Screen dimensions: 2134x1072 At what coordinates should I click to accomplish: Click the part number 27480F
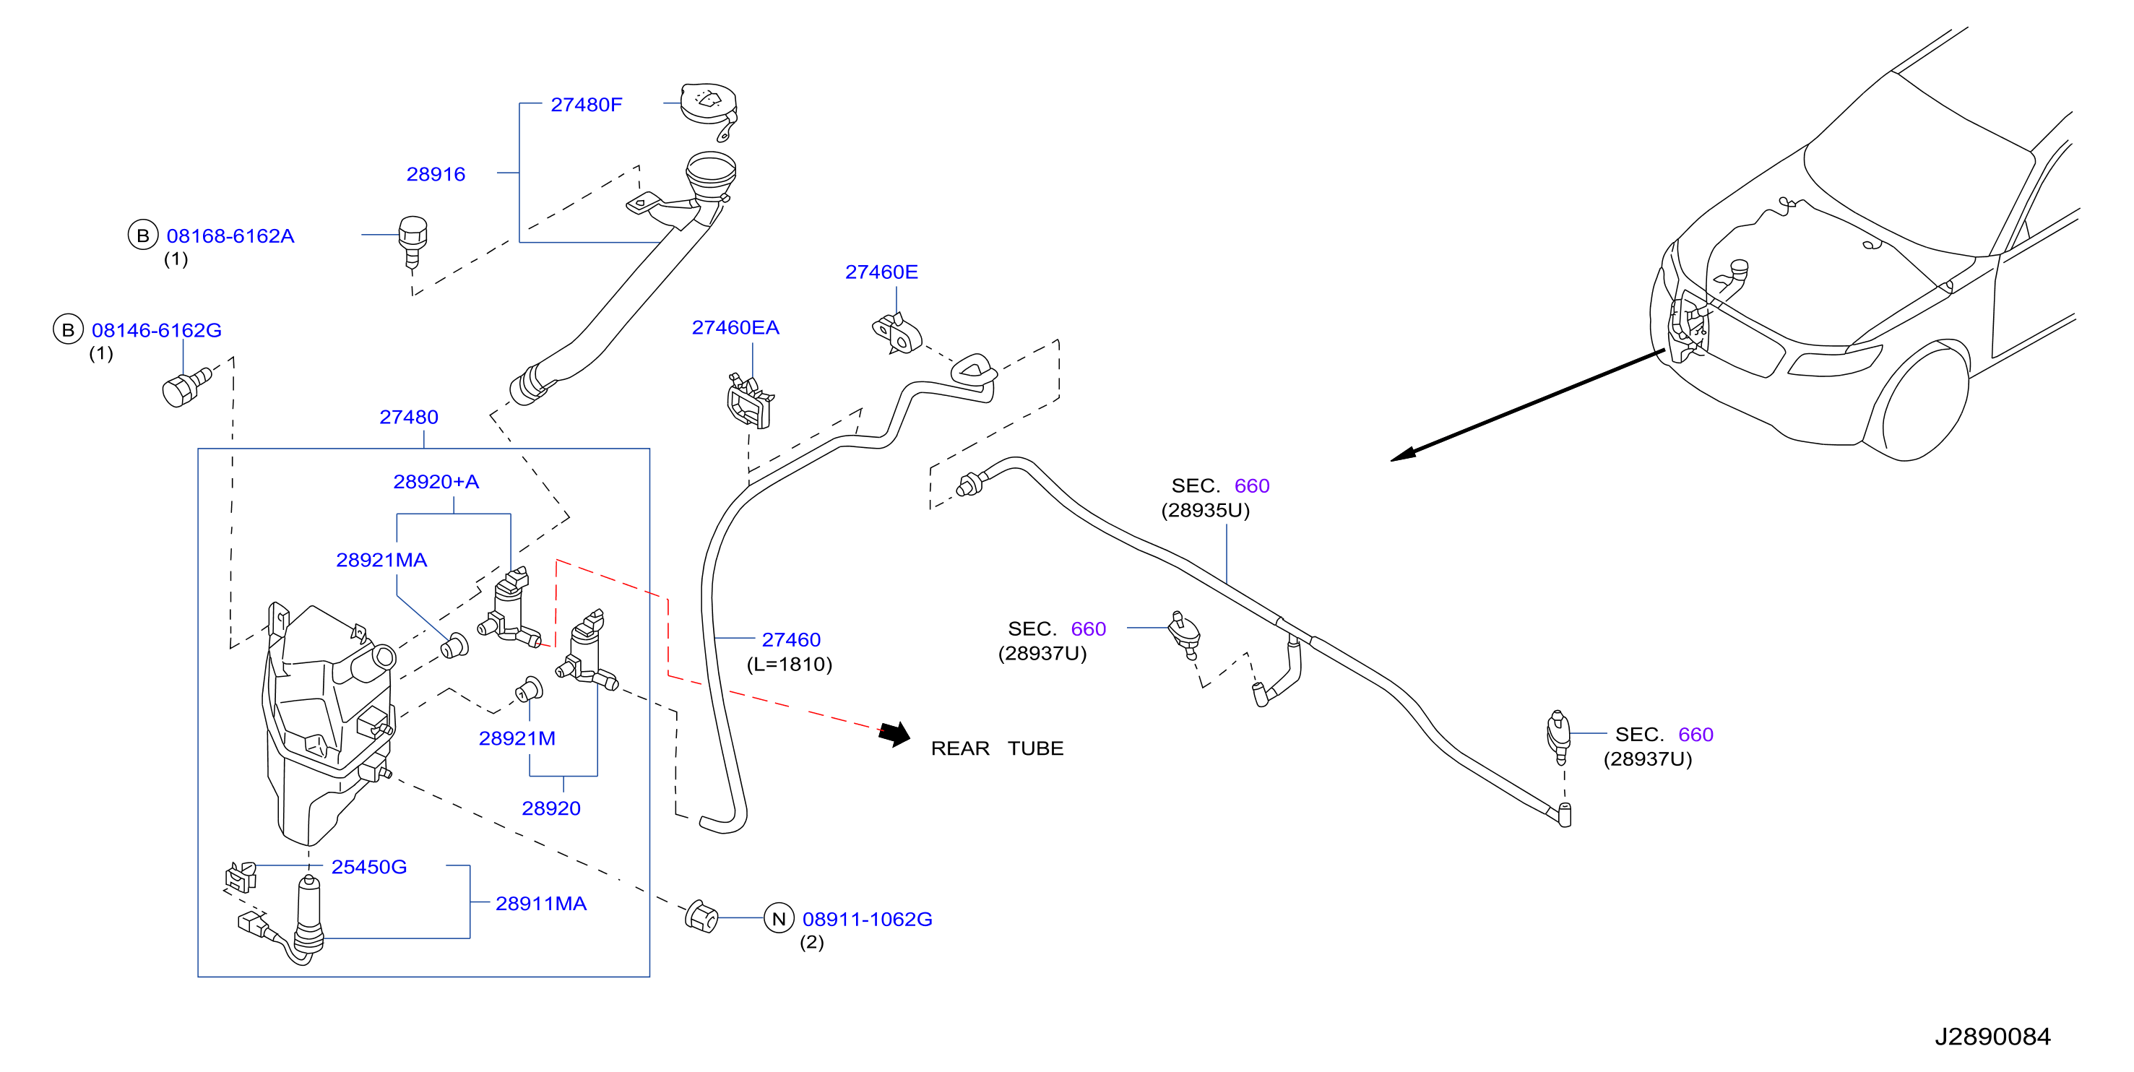(586, 105)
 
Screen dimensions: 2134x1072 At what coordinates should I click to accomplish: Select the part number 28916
(436, 174)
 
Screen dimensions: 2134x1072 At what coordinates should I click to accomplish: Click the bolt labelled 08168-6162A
(412, 243)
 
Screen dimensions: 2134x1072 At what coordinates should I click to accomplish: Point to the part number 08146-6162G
(157, 329)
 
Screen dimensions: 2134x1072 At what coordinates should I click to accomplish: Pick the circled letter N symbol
(779, 918)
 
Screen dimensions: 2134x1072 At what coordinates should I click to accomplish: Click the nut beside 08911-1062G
(701, 916)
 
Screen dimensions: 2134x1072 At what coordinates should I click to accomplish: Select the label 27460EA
(735, 327)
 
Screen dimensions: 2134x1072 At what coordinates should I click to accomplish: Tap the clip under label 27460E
(897, 333)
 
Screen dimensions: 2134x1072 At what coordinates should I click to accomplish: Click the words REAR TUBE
(998, 748)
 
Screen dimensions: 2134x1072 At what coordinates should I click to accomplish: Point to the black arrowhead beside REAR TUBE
(896, 734)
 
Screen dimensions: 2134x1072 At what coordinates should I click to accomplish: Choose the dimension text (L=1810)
(790, 664)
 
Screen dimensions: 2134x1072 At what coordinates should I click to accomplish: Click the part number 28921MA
(382, 560)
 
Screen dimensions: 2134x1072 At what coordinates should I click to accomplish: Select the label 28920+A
(436, 481)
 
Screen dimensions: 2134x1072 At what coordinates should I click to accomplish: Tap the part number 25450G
(368, 867)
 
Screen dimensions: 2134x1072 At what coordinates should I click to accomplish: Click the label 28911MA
(541, 903)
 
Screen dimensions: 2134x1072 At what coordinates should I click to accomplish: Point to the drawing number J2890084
(1992, 1037)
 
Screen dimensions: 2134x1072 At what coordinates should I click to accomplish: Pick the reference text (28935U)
(1206, 509)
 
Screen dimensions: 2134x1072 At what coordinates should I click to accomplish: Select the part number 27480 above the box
(408, 417)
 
